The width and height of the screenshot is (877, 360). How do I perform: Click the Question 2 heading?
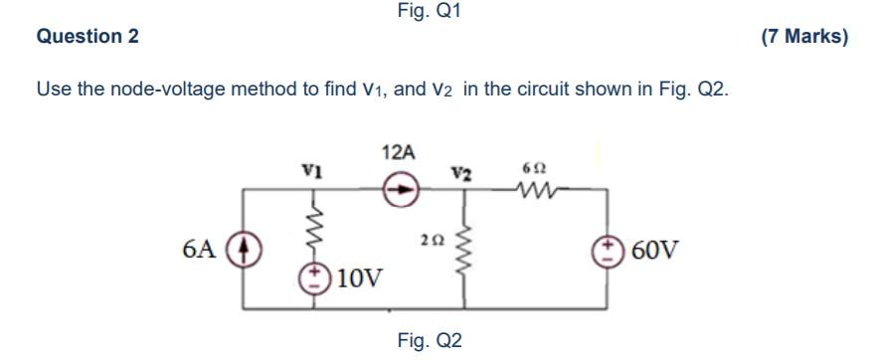pyautogui.click(x=88, y=37)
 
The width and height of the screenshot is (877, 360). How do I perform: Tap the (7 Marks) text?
pyautogui.click(x=803, y=37)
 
